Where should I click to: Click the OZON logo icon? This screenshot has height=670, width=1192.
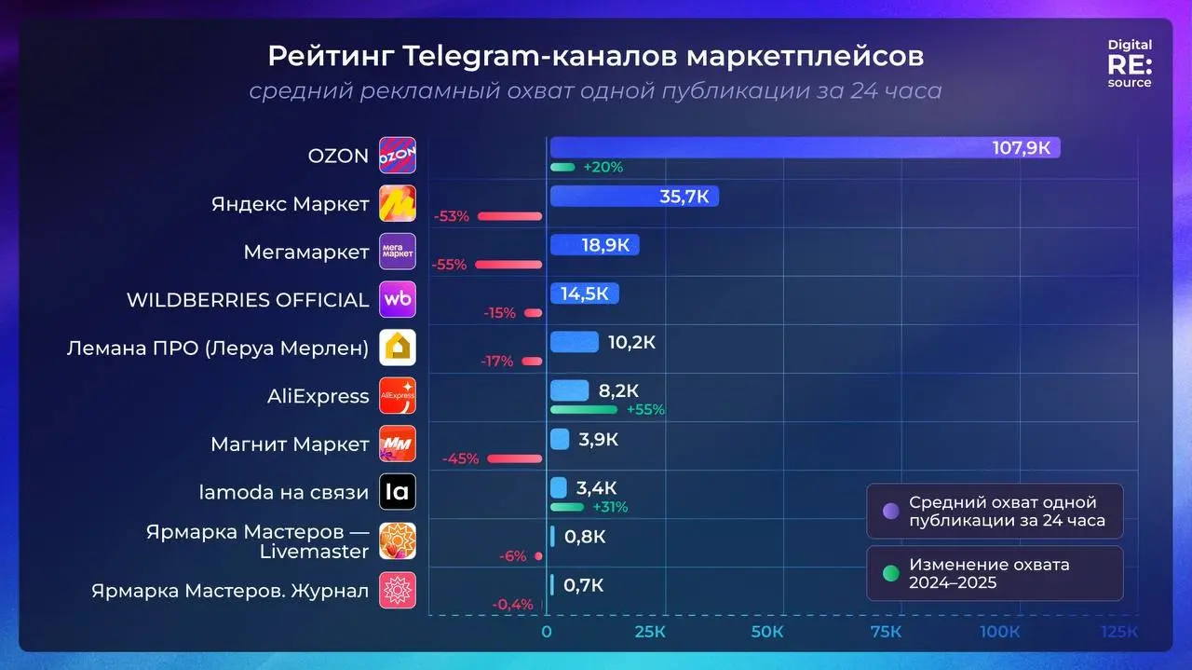(x=398, y=156)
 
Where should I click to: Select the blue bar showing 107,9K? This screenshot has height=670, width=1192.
(x=804, y=148)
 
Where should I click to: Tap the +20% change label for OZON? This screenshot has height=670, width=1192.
(x=603, y=168)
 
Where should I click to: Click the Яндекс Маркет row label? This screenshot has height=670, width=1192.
(x=290, y=205)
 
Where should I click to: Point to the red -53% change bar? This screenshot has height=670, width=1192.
(x=509, y=216)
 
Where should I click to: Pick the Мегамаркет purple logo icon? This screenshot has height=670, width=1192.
(x=398, y=252)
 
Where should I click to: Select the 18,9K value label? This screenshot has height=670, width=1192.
(x=604, y=245)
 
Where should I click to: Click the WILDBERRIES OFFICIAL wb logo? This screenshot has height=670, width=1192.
(x=398, y=300)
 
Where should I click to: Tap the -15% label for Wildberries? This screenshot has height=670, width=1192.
(x=499, y=313)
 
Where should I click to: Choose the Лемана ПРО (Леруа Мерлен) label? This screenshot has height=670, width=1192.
(x=218, y=349)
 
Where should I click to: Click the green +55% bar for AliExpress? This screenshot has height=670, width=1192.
(x=584, y=409)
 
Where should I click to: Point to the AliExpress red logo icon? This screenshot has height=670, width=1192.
(x=398, y=396)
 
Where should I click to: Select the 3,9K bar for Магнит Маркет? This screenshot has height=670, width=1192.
(x=560, y=439)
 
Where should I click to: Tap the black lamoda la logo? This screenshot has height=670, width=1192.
(x=398, y=492)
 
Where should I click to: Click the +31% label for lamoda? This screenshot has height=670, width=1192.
(x=610, y=508)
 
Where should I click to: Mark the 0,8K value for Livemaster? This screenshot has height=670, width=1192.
(x=585, y=537)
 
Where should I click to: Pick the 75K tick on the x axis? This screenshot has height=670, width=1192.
(x=885, y=632)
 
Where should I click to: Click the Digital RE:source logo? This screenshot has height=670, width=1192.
(x=1129, y=63)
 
